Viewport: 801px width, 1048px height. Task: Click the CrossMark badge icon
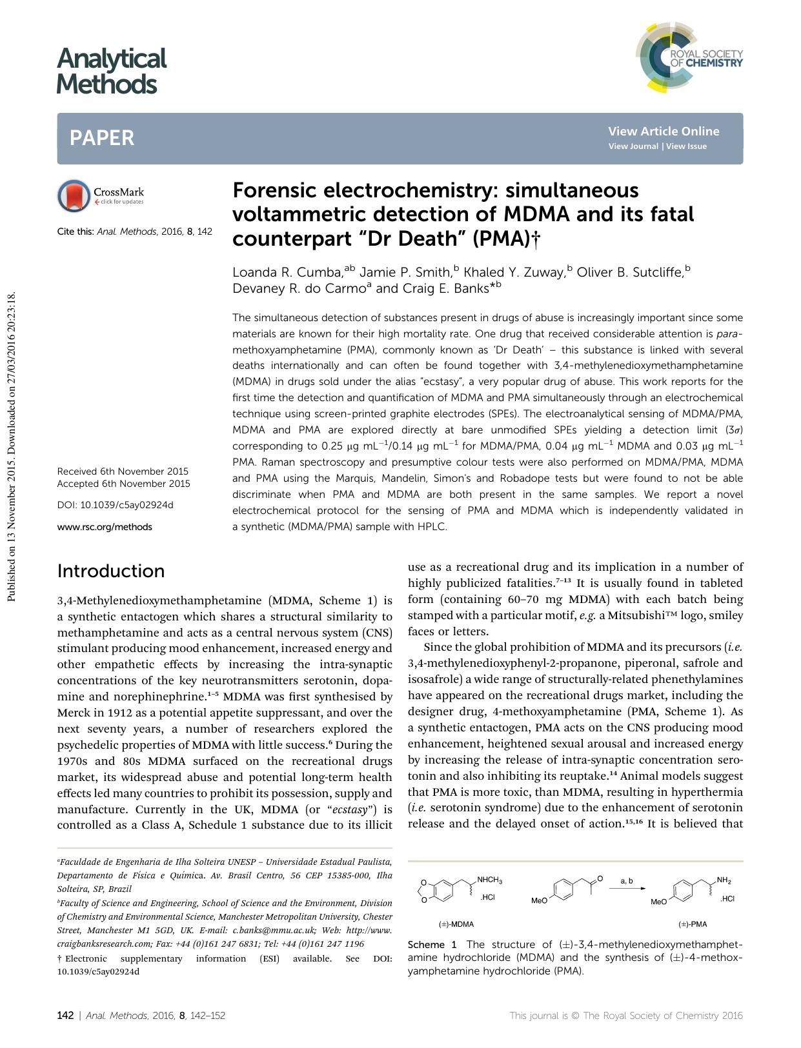(x=74, y=196)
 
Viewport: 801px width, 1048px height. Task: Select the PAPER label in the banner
(x=102, y=138)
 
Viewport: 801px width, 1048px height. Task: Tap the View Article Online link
(x=663, y=131)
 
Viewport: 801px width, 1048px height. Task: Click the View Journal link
(x=634, y=146)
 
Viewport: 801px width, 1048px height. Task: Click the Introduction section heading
(x=111, y=571)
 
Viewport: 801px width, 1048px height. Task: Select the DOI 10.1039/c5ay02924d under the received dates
(x=116, y=505)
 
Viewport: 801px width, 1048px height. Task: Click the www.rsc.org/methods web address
(x=105, y=527)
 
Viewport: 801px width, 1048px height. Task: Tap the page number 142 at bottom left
(x=65, y=1015)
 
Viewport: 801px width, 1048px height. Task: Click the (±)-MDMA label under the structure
(x=456, y=924)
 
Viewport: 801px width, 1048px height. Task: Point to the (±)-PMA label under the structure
(x=693, y=924)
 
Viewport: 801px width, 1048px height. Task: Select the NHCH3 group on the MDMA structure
(x=489, y=880)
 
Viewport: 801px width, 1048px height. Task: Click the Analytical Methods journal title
(x=111, y=71)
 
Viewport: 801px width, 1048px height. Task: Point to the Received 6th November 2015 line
(x=123, y=471)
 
